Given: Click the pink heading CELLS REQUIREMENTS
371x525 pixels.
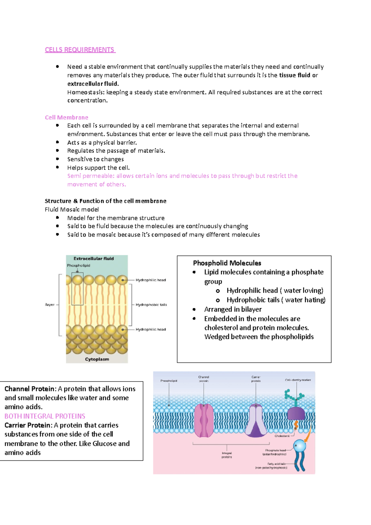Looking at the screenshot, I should (79, 50).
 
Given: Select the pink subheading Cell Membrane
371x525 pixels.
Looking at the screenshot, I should (66, 117).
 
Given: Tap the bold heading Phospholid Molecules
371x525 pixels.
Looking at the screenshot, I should (227, 263).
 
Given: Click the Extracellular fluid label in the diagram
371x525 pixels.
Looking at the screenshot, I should (93, 258).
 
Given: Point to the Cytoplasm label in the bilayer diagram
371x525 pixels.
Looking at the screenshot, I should (97, 359).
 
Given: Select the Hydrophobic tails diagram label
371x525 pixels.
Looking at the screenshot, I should (151, 305).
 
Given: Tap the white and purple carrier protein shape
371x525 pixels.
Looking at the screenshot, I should (256, 420).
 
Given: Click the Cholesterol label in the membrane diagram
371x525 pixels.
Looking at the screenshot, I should (282, 436).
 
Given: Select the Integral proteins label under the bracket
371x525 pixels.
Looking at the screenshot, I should (227, 455).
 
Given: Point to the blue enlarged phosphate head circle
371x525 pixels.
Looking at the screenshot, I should (299, 446).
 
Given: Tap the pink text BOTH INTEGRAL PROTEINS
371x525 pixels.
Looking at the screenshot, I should (45, 416).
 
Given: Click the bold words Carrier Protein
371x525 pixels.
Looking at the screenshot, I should (27, 425).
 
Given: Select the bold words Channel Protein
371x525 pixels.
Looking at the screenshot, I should (30, 389).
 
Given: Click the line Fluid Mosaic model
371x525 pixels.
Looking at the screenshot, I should (72, 209).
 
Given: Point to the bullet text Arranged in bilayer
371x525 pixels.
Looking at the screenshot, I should (233, 309).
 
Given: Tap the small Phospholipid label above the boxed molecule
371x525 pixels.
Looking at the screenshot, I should (79, 266).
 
